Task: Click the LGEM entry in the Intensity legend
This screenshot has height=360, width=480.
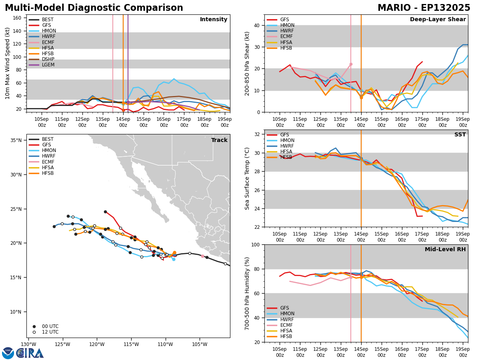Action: tap(48, 65)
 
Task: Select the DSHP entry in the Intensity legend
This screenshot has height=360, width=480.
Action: tap(48, 59)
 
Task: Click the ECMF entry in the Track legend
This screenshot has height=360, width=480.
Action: tap(48, 162)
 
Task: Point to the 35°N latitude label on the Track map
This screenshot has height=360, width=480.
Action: tap(16, 140)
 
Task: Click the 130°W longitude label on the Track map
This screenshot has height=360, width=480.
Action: tap(28, 344)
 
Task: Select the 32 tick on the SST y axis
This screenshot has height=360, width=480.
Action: tap(256, 134)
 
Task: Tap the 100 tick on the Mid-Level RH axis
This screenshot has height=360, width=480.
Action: tap(255, 244)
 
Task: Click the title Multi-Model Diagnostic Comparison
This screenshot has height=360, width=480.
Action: tap(94, 8)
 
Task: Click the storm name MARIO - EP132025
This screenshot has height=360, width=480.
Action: tap(424, 8)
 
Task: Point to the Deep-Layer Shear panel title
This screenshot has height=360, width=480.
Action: tap(438, 20)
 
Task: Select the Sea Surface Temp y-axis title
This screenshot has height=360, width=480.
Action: tap(248, 178)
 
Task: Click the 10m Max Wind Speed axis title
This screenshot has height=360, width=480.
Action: tap(8, 63)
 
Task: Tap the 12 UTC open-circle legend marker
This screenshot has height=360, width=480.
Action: tap(34, 332)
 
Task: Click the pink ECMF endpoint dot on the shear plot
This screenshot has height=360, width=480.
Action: tap(351, 64)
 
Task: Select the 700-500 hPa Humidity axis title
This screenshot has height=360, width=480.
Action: tap(248, 293)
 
